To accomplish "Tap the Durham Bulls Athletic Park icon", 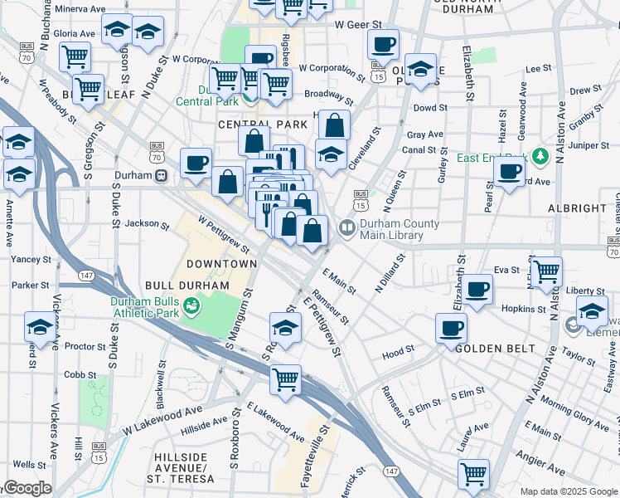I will click(x=191, y=307).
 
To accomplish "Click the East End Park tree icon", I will click(x=540, y=157).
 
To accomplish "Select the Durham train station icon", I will click(x=162, y=175).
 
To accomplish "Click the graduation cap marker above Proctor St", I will click(x=39, y=326).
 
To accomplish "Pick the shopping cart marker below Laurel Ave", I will click(x=473, y=474).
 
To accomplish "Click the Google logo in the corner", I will click(x=27, y=488).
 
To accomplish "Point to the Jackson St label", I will click(x=141, y=223).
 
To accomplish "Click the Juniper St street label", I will click(x=589, y=145).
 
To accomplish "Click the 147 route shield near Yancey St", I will click(x=85, y=275).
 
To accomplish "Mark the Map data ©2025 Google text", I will click(x=568, y=491).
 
